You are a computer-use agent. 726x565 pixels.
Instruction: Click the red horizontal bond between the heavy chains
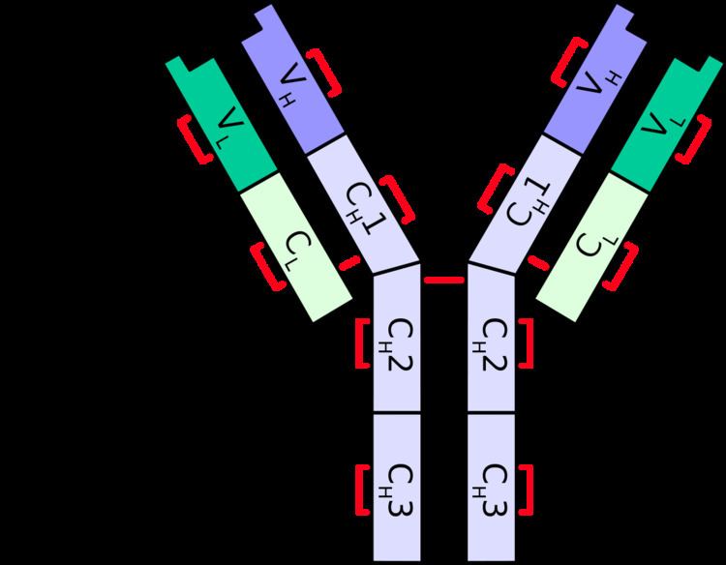(x=444, y=280)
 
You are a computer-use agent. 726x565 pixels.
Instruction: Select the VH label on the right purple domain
(x=597, y=82)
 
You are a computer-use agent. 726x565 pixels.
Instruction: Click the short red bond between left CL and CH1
(x=349, y=263)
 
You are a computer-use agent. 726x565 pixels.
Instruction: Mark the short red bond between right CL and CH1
(x=538, y=262)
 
